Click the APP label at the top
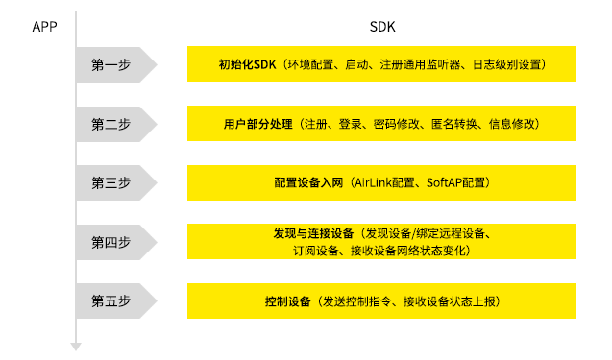tap(44, 26)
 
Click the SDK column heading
tap(382, 26)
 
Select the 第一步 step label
tap(110, 65)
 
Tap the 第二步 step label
tap(110, 124)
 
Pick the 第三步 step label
tap(110, 182)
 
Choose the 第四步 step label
tap(110, 242)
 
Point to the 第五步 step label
tap(110, 300)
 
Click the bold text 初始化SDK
tap(247, 65)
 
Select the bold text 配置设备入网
tap(308, 182)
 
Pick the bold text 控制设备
tap(288, 300)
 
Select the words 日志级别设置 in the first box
tap(508, 65)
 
